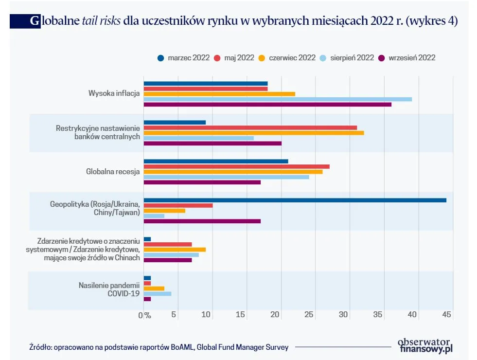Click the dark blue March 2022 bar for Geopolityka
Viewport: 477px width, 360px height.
[x=295, y=200]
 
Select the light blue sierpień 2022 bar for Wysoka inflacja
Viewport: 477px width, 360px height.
[x=278, y=99]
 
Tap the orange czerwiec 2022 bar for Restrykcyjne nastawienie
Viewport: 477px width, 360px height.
[x=254, y=133]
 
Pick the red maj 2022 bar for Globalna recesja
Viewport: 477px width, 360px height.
[x=236, y=166]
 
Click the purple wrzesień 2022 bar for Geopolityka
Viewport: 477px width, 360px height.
[x=202, y=221]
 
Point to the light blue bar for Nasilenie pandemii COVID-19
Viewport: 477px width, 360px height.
[x=158, y=294]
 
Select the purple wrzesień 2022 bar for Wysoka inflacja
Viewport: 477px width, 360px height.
[x=267, y=105]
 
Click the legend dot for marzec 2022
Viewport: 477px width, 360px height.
[x=160, y=58]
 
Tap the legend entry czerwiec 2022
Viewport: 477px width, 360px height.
[x=292, y=58]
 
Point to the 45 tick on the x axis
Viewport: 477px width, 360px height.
[x=446, y=315]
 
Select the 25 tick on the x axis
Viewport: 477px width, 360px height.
[x=308, y=315]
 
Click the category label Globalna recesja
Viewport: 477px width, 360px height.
[x=113, y=172]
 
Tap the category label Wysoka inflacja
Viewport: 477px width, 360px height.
[x=114, y=93]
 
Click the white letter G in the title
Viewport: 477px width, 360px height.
[x=35, y=21]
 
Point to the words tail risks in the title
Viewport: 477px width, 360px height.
[x=102, y=21]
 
